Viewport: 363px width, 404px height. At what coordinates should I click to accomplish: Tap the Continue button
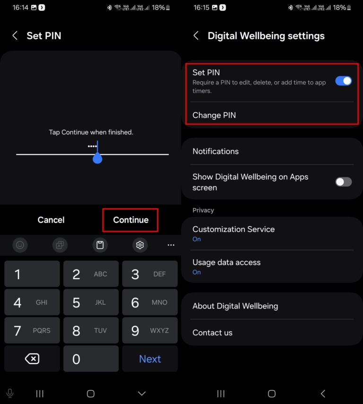point(130,220)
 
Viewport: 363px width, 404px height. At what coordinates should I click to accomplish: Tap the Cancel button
point(51,220)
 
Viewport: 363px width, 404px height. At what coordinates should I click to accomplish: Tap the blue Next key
point(150,359)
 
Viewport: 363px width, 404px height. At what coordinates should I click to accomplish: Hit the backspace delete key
point(32,359)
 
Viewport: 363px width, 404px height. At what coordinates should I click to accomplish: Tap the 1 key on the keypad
point(32,274)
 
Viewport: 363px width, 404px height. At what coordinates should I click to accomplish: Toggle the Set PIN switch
point(344,81)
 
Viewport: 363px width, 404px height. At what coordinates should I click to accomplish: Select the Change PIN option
point(214,115)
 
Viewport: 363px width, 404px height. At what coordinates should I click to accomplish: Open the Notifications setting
point(216,151)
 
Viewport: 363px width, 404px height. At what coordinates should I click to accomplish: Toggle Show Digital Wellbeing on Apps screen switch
point(344,182)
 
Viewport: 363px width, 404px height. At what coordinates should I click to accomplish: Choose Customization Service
point(233,233)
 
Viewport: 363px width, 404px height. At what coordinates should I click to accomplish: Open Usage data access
point(226,266)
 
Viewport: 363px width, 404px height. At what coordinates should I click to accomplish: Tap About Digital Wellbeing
point(235,306)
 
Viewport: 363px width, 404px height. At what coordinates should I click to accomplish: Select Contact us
point(213,333)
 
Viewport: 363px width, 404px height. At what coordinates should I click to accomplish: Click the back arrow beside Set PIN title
point(15,36)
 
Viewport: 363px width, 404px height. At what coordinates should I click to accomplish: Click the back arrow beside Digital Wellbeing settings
point(196,36)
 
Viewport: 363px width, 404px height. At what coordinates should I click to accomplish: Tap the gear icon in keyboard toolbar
point(140,245)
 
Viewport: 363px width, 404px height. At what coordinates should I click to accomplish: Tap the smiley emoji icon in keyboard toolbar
point(20,245)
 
